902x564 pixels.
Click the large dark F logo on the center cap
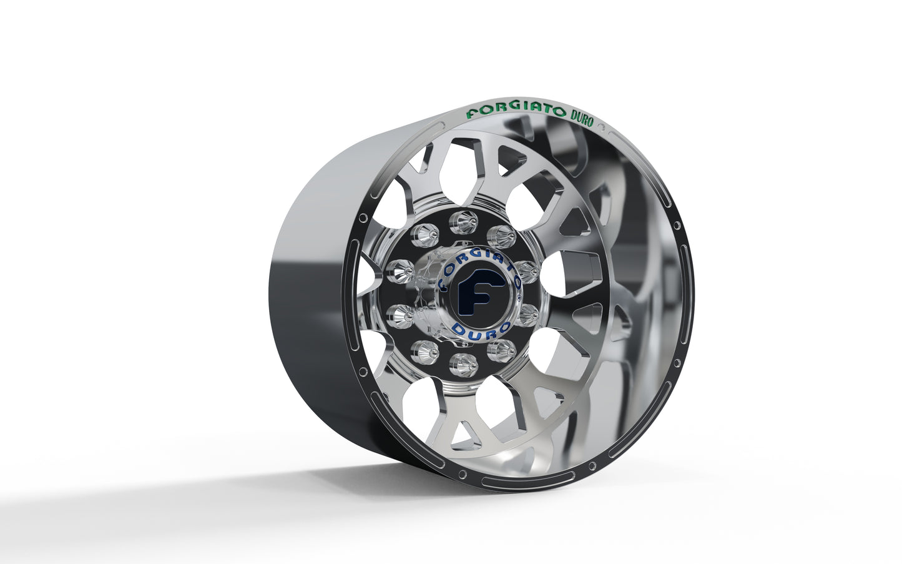click(x=474, y=297)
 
